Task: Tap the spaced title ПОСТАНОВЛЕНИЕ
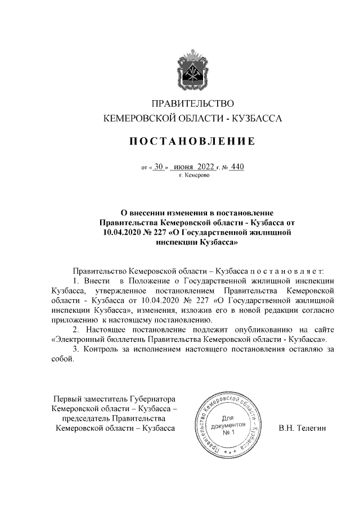189,141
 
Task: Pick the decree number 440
237,166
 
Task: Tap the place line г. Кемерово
193,175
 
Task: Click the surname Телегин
313,429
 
